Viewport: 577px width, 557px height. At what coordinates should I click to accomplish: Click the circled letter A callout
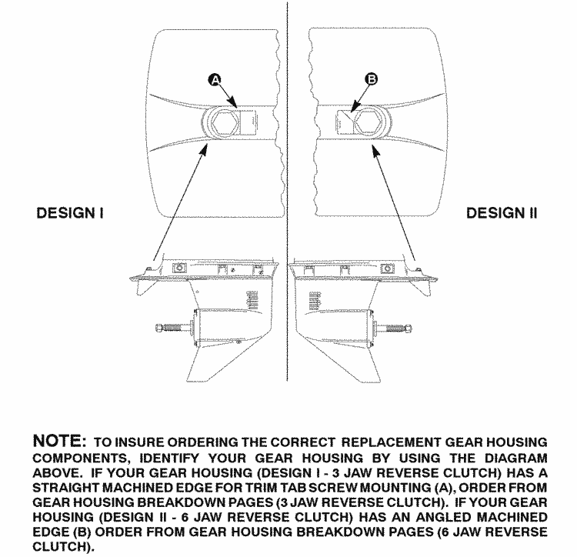(215, 80)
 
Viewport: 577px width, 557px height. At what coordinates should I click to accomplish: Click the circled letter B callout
(372, 78)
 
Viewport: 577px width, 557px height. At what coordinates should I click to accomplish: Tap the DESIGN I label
(70, 213)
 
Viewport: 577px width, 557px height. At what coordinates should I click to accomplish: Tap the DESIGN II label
(502, 213)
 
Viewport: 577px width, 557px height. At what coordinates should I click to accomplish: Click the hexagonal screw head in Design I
(224, 122)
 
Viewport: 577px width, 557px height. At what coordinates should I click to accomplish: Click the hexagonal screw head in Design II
(365, 122)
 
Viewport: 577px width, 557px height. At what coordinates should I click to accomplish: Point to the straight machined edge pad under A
(248, 122)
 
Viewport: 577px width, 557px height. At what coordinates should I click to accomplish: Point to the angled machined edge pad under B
(344, 122)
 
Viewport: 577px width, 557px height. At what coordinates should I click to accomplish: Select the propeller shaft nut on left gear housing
(159, 327)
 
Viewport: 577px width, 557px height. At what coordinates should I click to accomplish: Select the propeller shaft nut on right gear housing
(407, 328)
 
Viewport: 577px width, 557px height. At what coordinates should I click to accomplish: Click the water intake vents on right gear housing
(315, 301)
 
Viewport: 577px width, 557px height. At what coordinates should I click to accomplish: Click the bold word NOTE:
(59, 440)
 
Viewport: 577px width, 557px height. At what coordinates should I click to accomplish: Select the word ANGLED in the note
(444, 517)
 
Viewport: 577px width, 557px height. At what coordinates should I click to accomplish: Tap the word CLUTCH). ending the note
(63, 546)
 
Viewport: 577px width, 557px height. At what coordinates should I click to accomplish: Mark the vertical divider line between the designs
(287, 192)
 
